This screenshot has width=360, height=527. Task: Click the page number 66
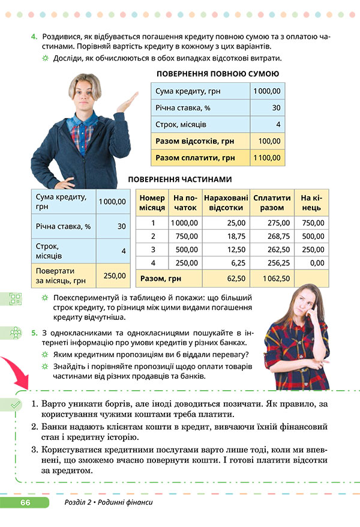coord(25,502)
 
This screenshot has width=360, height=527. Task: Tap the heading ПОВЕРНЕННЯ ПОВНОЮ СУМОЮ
coord(217,74)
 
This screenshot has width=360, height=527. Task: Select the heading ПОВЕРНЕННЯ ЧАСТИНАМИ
coord(180,179)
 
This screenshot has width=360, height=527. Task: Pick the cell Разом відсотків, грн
coord(195,142)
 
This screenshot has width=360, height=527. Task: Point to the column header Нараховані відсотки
coord(224,202)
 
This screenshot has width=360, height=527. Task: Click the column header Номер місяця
coord(152,202)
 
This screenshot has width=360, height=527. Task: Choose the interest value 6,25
coord(224,263)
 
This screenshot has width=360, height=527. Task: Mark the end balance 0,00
coord(312,263)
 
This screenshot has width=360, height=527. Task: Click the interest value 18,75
coord(224,236)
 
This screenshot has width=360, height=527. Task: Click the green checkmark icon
coord(14,406)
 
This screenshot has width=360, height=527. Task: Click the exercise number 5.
coord(34,331)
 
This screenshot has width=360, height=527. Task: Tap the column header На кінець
coord(312,202)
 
